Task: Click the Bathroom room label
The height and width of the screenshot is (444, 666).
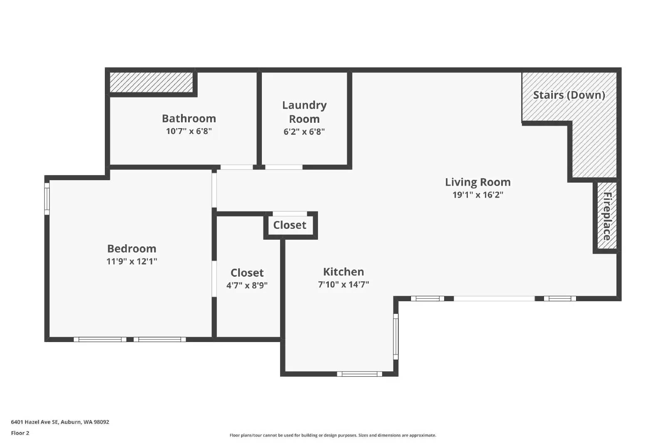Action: (189, 119)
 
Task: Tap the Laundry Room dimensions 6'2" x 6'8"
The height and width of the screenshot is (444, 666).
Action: (304, 132)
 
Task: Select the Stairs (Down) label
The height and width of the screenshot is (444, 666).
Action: (569, 95)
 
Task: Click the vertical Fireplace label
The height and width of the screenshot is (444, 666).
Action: (607, 216)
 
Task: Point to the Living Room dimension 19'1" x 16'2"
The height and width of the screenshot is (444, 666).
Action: (477, 195)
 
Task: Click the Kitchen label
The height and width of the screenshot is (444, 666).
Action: (343, 272)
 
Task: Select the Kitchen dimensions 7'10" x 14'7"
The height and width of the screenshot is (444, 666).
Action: (343, 285)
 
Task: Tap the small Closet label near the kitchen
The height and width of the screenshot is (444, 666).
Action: (290, 225)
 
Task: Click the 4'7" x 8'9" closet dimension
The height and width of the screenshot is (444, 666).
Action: (247, 285)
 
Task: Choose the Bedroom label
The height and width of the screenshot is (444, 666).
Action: (132, 248)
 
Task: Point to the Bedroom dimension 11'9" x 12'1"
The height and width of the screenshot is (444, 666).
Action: (132, 262)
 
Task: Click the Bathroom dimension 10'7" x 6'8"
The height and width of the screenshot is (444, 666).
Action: (189, 131)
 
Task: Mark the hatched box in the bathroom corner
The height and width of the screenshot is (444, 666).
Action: (151, 82)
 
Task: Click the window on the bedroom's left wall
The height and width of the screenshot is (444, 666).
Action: (47, 198)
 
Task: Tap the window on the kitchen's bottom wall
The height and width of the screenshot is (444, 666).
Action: (359, 374)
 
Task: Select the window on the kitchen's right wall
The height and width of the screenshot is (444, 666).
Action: (396, 336)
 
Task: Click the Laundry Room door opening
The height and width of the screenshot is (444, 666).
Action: (283, 167)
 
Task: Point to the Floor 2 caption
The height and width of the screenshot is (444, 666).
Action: (20, 433)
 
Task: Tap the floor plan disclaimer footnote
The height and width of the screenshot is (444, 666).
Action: (333, 435)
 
